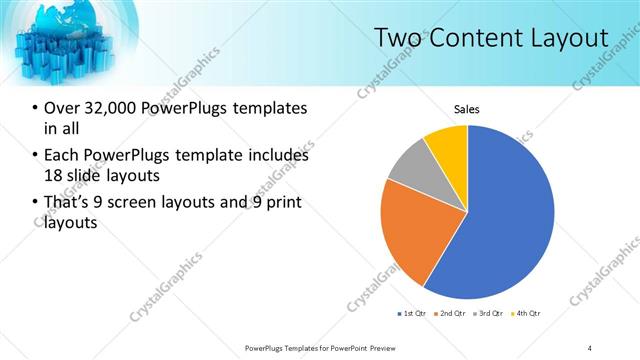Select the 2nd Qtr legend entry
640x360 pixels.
click(x=452, y=314)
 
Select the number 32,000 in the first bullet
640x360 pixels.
click(x=112, y=108)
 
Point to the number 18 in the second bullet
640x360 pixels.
click(x=54, y=175)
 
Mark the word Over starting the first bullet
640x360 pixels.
click(x=62, y=108)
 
